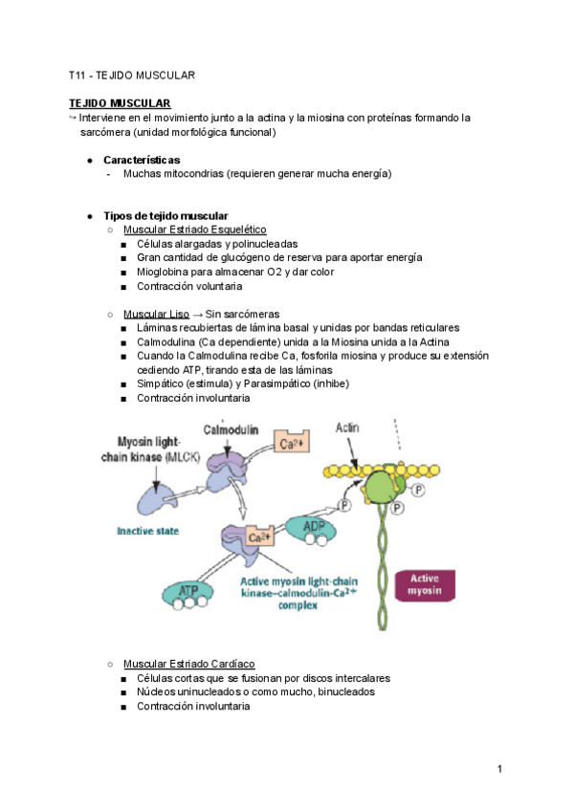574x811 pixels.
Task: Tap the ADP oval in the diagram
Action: (314, 528)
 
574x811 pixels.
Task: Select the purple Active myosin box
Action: (425, 584)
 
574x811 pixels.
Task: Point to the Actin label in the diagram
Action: (347, 427)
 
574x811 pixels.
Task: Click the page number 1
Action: (500, 769)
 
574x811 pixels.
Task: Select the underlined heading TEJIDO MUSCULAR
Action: (120, 103)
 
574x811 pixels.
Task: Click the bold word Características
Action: (142, 160)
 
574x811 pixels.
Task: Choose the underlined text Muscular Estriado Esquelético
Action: (194, 230)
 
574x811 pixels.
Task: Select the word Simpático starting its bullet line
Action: (162, 384)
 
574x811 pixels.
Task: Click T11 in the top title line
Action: (77, 75)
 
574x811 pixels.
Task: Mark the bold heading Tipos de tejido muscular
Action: (166, 215)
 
